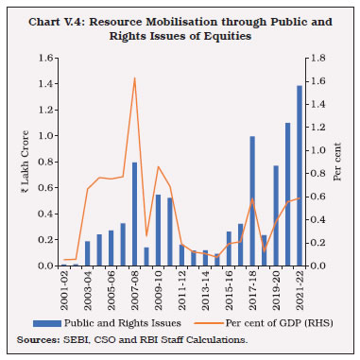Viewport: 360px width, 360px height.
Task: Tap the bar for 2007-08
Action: click(134, 214)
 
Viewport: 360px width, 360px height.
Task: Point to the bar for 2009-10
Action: click(158, 231)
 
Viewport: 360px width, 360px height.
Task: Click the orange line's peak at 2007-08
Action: click(134, 78)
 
